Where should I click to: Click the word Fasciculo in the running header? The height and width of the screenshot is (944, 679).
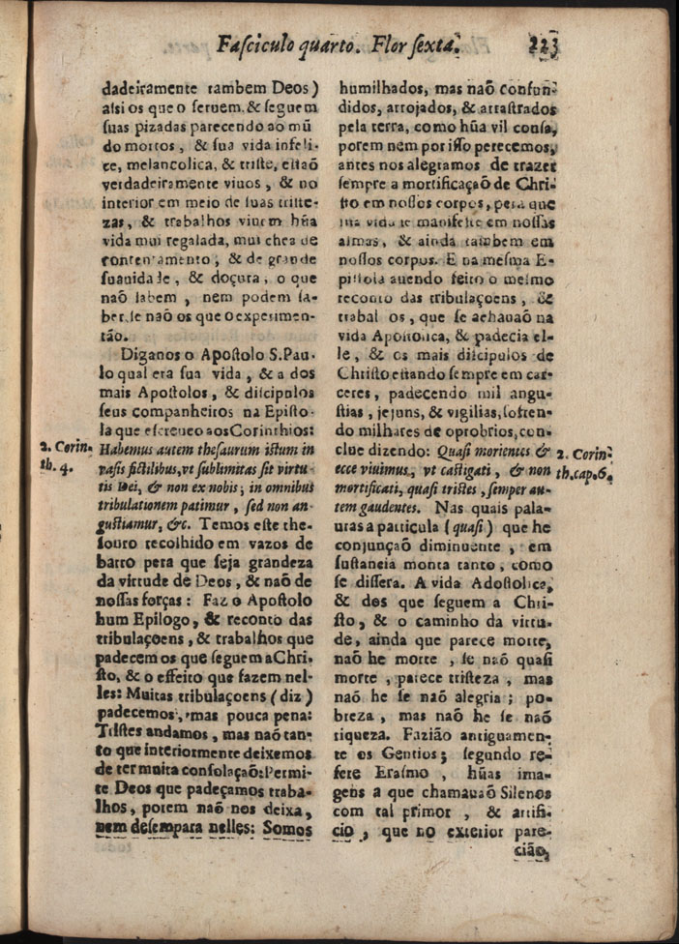[x=257, y=44]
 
